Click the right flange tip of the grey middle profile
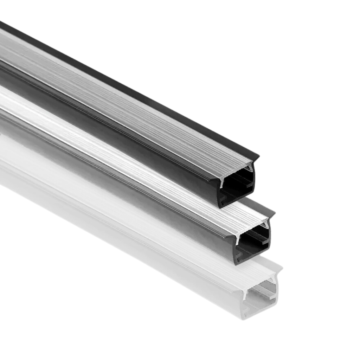pos(274,212)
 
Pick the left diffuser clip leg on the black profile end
pos(222,180)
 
